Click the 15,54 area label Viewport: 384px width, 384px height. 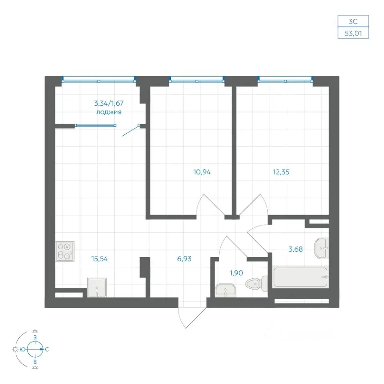click(100, 259)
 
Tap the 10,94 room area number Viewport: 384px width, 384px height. click(202, 172)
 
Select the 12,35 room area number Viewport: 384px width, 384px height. click(281, 172)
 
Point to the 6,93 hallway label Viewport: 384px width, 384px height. click(184, 259)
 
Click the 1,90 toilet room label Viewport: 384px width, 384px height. click(236, 273)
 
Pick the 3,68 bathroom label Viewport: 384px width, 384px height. click(296, 249)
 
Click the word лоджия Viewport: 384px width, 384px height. click(109, 112)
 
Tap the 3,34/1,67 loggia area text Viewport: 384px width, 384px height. click(109, 103)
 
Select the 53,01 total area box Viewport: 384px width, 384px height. click(353, 33)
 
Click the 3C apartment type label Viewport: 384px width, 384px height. click(353, 22)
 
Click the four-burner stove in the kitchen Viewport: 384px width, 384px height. click(65, 252)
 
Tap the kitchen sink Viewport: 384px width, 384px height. click(97, 288)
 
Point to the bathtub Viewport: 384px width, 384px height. click(300, 277)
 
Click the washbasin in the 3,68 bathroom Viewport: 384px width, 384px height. click(322, 248)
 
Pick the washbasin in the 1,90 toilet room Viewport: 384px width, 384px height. click(226, 290)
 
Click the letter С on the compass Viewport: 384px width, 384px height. click(47, 350)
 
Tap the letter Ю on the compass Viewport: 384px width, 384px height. click(23, 350)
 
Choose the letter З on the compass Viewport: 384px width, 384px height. click(35, 338)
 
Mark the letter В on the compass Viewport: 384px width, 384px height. click(35, 362)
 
